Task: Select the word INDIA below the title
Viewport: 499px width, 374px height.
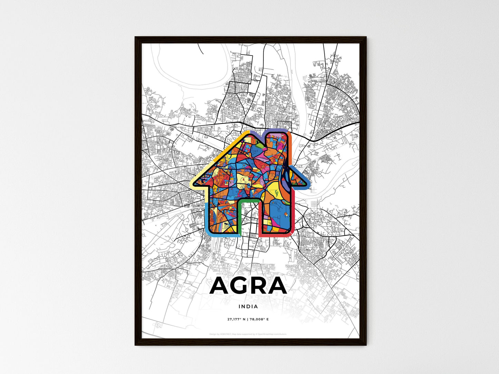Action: pyautogui.click(x=248, y=306)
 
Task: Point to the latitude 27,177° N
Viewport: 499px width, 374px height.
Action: pyautogui.click(x=236, y=319)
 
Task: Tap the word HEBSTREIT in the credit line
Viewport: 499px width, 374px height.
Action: pyautogui.click(x=225, y=334)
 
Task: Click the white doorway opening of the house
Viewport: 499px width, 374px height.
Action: pyautogui.click(x=249, y=221)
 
